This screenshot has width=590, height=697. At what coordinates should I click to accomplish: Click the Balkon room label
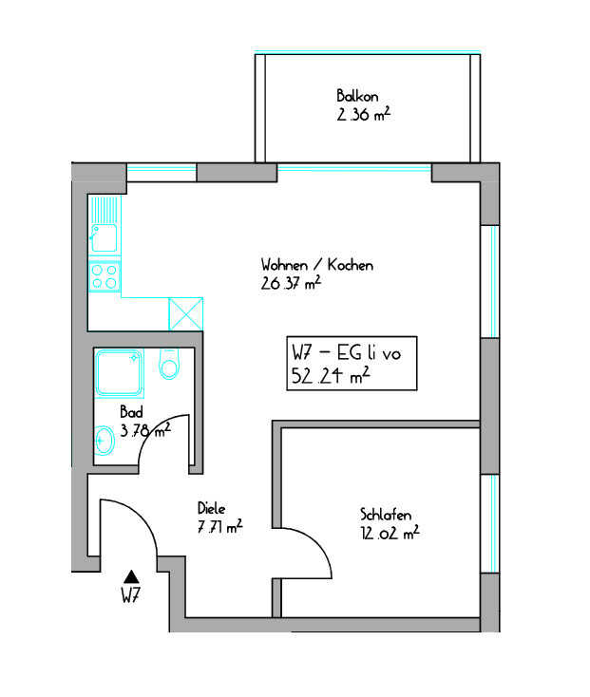(x=357, y=96)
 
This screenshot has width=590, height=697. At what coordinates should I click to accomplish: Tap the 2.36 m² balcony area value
(x=364, y=114)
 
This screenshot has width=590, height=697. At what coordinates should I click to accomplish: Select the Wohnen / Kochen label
(x=317, y=265)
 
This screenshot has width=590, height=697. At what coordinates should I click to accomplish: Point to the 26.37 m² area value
(x=291, y=283)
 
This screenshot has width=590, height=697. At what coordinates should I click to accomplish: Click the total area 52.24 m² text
(x=331, y=376)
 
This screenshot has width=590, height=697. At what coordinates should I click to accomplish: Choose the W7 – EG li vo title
(x=347, y=353)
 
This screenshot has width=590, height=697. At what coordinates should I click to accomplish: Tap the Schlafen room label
(x=386, y=515)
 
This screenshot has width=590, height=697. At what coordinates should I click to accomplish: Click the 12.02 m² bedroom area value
(x=390, y=532)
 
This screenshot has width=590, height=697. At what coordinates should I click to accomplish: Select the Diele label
(x=212, y=508)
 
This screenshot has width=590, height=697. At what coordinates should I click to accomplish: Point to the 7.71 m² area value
(x=220, y=526)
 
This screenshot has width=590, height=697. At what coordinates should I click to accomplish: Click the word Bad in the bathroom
(x=132, y=412)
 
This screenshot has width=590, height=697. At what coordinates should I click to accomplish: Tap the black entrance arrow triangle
(x=131, y=576)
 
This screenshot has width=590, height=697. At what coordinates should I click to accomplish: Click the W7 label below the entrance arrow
(x=131, y=594)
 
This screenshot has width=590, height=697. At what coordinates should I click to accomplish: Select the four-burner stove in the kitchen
(x=105, y=276)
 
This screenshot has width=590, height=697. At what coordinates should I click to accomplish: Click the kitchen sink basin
(x=105, y=237)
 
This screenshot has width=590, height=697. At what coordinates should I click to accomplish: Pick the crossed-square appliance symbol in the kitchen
(x=186, y=313)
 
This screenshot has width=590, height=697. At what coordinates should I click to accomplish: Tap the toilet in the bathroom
(x=169, y=364)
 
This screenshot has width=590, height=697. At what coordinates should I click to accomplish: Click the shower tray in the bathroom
(x=119, y=373)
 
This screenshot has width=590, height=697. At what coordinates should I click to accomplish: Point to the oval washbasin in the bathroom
(x=105, y=441)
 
